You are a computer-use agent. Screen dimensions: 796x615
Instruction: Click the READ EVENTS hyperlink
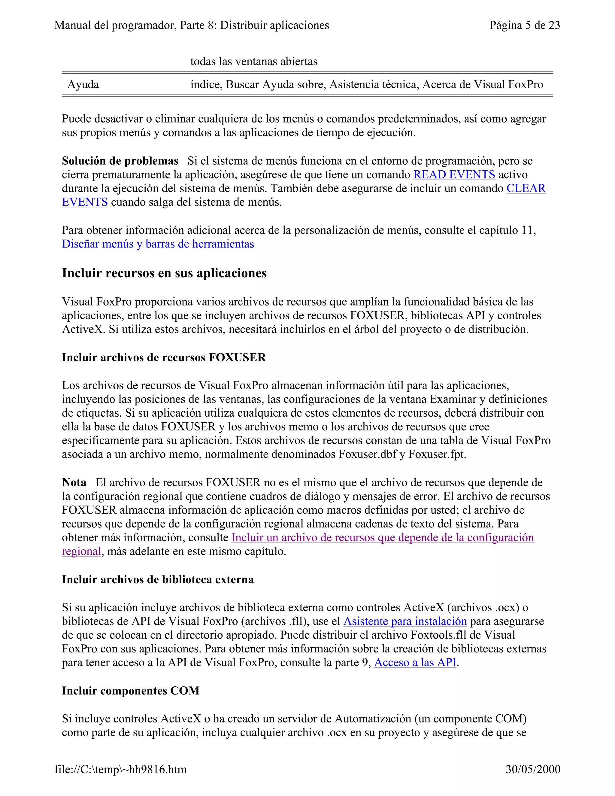tap(454, 175)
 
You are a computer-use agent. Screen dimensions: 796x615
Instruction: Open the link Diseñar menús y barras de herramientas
tap(158, 244)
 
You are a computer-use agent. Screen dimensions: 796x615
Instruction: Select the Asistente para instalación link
tap(405, 621)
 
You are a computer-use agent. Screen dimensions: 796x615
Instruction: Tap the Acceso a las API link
tap(415, 662)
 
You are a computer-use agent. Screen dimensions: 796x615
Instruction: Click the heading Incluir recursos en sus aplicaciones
tap(164, 273)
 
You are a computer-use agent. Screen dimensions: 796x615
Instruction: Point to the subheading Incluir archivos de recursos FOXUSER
tap(164, 357)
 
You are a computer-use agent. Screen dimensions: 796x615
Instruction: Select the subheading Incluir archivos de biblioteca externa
tap(157, 579)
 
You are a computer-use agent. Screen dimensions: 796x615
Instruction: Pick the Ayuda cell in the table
tap(83, 85)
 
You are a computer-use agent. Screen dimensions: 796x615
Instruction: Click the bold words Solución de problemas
tap(120, 161)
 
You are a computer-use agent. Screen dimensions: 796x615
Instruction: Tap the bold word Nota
tap(74, 483)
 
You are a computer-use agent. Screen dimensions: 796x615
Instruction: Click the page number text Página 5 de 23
tap(524, 25)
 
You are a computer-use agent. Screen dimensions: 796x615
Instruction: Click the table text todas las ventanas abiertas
tap(253, 61)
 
